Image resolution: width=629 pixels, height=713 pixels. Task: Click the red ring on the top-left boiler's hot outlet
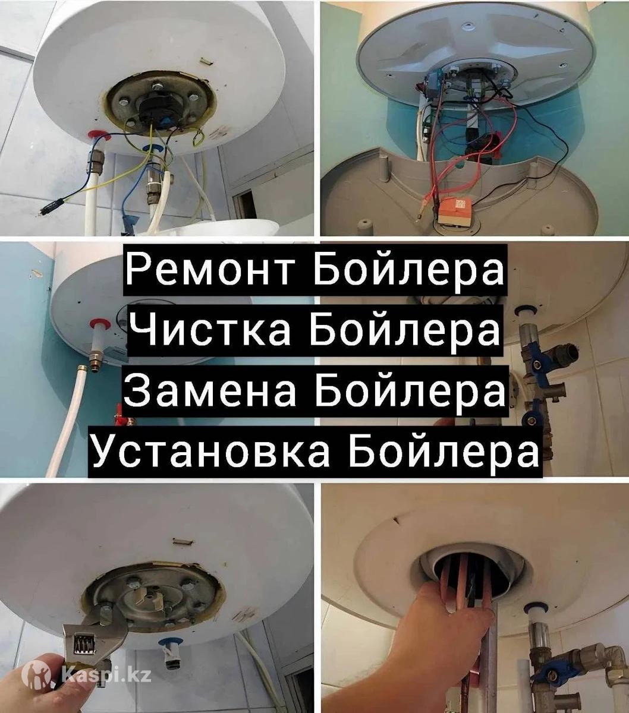click(x=96, y=135)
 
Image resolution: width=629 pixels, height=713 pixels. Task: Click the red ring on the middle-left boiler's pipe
click(x=98, y=324)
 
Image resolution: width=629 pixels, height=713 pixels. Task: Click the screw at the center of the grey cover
click(x=468, y=26)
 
